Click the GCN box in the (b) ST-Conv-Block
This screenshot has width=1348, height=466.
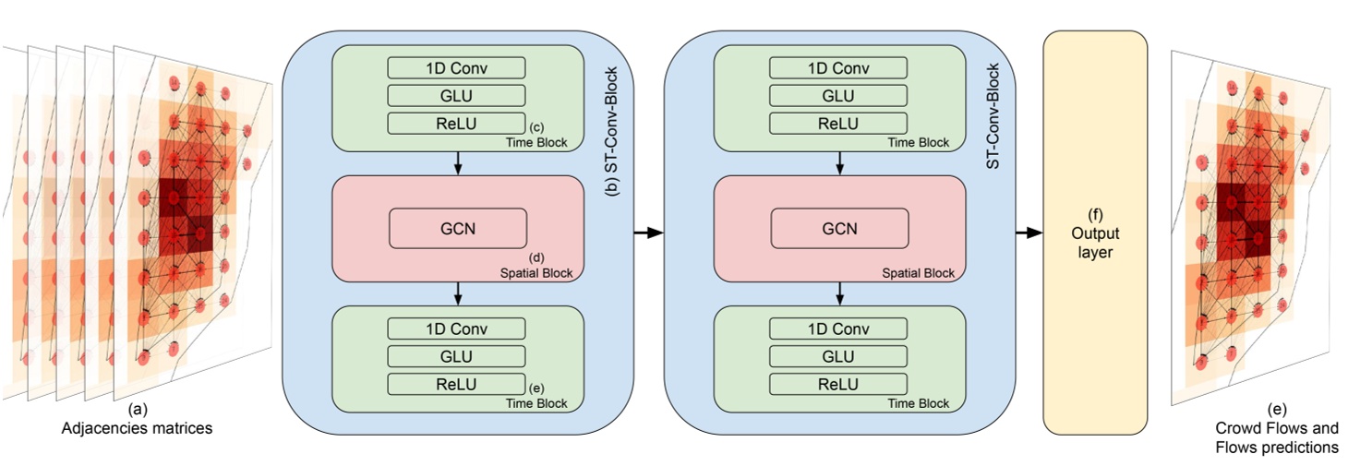point(458,228)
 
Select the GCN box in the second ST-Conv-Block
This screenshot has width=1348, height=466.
point(838,228)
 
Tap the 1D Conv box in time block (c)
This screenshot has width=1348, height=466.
point(456,68)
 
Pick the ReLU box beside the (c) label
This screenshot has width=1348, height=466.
point(456,123)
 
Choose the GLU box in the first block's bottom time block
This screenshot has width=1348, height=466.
point(456,356)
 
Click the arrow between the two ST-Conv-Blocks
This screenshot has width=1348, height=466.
point(649,233)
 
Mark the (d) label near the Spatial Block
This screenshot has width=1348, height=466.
point(534,257)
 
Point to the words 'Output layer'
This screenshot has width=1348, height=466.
point(1095,242)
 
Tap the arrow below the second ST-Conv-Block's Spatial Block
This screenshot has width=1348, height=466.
point(838,293)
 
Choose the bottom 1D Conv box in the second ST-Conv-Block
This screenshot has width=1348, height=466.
point(838,329)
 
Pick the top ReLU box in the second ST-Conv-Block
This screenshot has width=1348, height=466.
point(838,123)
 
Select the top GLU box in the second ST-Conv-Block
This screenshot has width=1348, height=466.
point(838,95)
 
